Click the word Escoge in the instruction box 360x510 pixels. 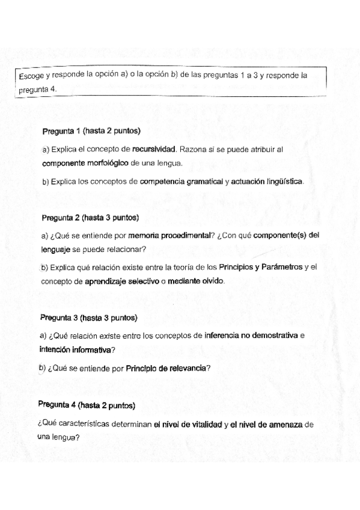pyautogui.click(x=30, y=77)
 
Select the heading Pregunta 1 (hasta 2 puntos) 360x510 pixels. pyautogui.click(x=91, y=131)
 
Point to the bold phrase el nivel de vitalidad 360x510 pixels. pyautogui.click(x=188, y=424)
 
